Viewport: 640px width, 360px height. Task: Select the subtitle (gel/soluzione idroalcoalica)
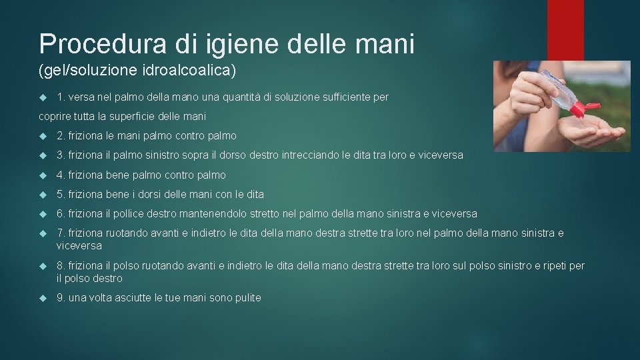tap(137, 69)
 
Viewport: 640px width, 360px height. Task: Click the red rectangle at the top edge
tap(565, 30)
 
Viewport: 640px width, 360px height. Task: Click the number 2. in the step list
tap(61, 136)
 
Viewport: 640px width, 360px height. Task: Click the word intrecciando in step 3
tap(305, 155)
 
